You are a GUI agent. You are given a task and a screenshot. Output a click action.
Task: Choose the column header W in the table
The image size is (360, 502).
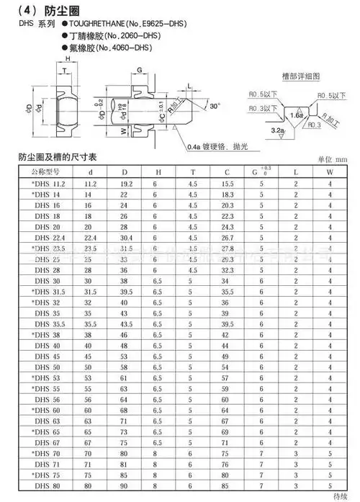click(x=330, y=173)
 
